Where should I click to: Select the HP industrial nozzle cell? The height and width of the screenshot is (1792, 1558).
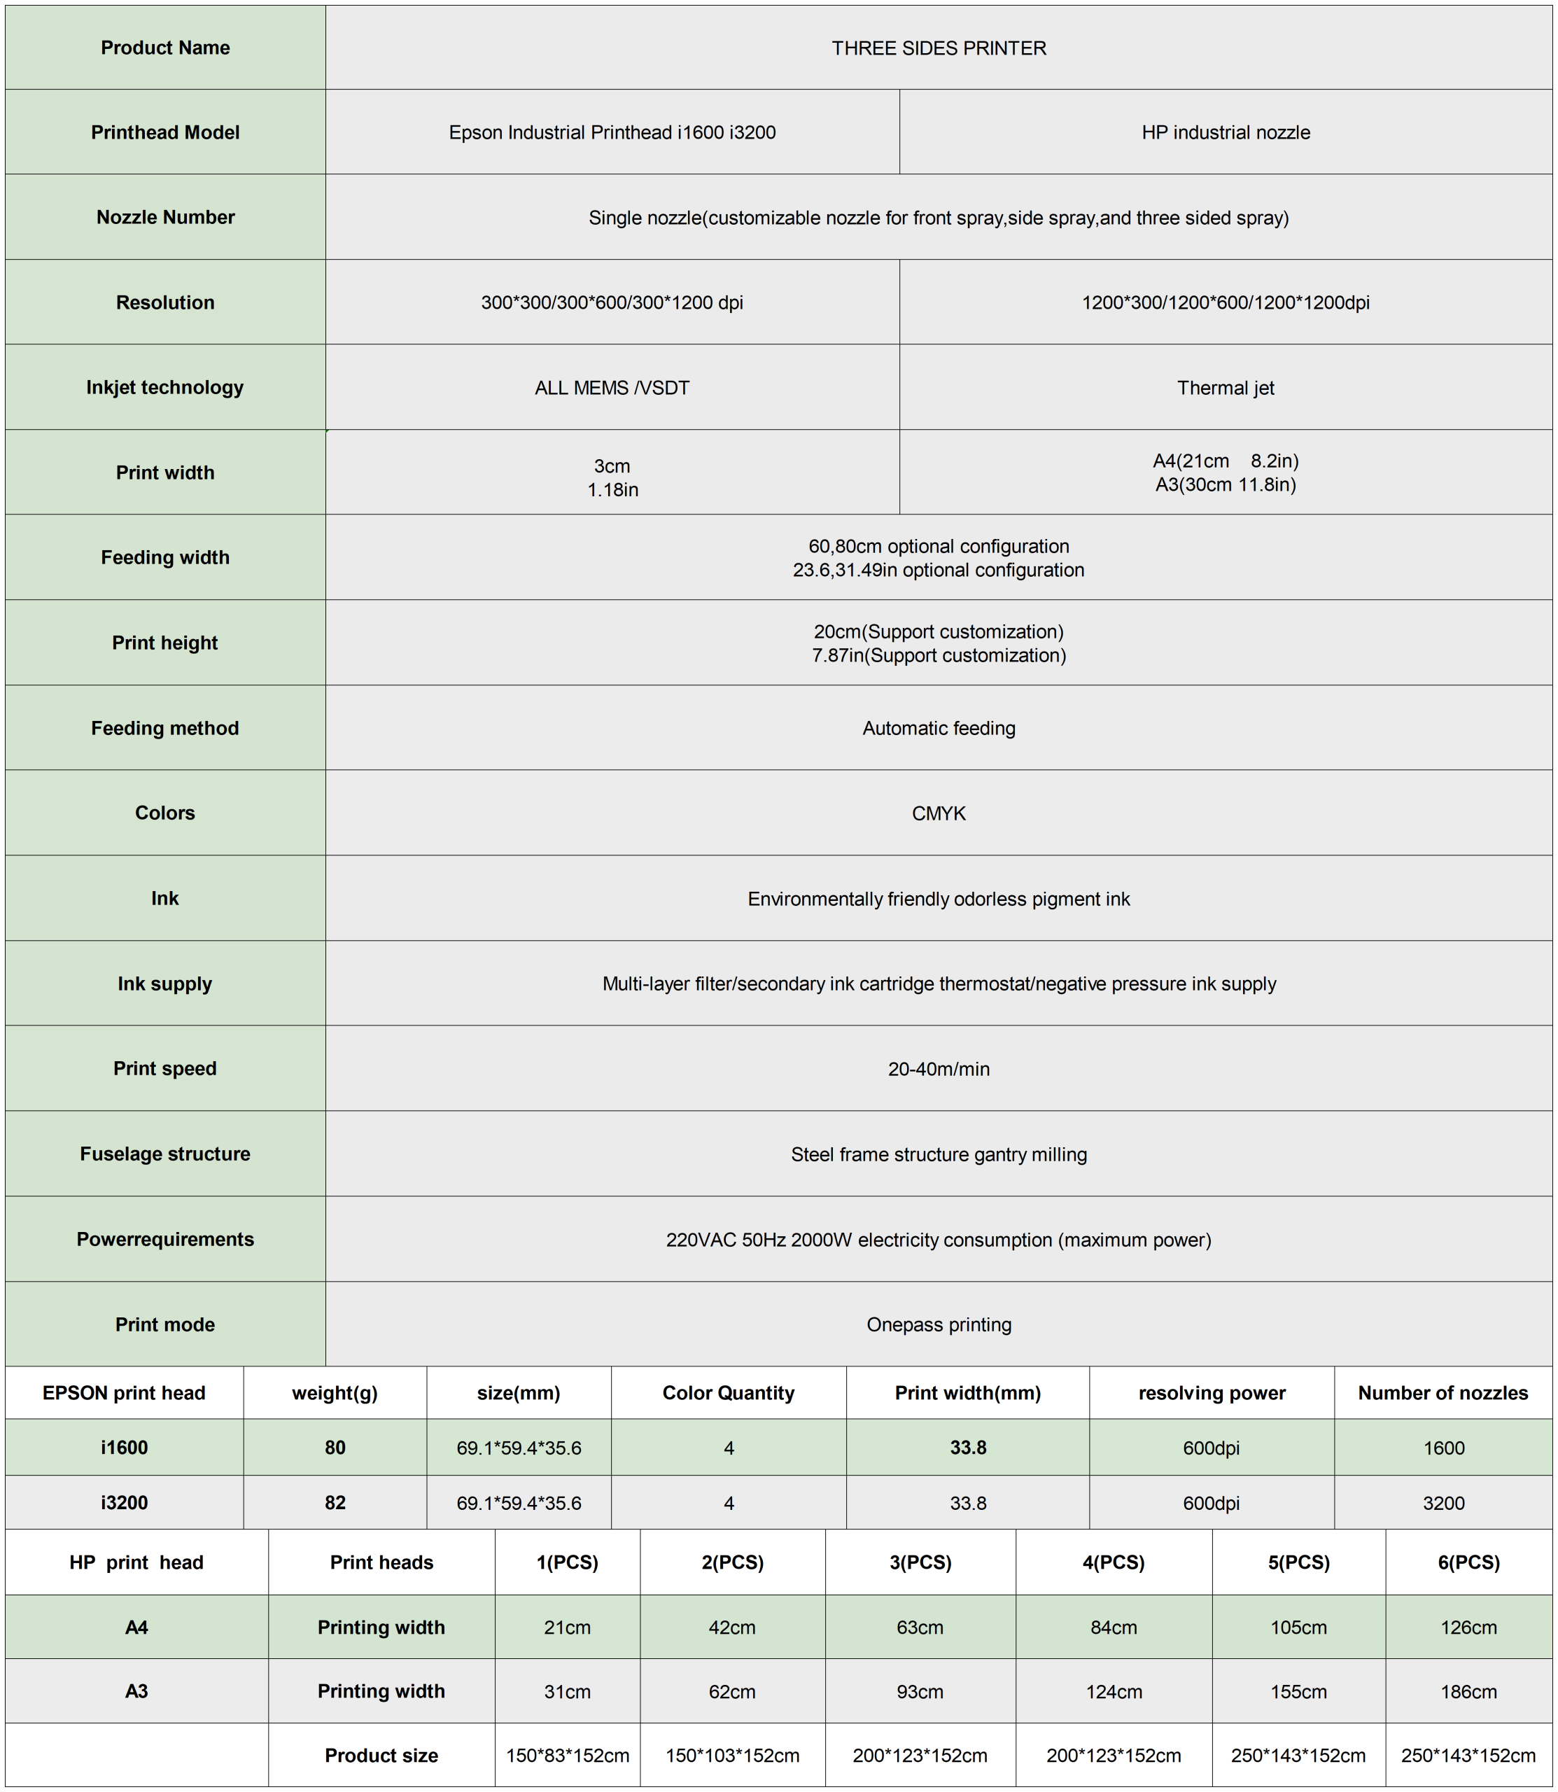[1225, 132]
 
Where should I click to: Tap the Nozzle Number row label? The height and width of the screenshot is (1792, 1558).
[165, 218]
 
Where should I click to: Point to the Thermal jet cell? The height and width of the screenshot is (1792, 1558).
[1225, 388]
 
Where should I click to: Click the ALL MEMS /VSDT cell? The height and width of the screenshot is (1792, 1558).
[612, 388]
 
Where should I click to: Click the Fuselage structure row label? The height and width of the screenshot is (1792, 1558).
[165, 1154]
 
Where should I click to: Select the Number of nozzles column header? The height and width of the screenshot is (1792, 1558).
[1443, 1393]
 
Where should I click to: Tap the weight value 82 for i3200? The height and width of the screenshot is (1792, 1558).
[335, 1502]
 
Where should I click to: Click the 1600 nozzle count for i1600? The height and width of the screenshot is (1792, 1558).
[1443, 1448]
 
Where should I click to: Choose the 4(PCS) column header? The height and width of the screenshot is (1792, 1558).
[1113, 1562]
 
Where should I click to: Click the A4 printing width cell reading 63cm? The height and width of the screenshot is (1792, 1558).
[920, 1627]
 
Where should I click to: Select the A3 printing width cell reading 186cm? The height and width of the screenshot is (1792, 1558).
[1468, 1691]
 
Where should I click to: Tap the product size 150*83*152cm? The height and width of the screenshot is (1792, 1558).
[568, 1756]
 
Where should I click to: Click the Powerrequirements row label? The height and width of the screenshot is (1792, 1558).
[165, 1239]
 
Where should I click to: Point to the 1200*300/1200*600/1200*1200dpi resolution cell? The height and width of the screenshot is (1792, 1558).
[1225, 302]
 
